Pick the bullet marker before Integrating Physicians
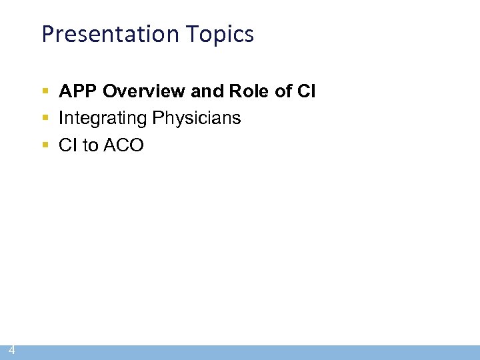(45, 119)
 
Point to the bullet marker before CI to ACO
(45, 145)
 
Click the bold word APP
(78, 91)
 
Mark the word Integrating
(103, 119)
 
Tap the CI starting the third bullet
(68, 145)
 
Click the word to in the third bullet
(90, 145)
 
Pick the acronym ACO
(123, 145)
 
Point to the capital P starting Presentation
(47, 33)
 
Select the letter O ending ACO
(136, 145)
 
